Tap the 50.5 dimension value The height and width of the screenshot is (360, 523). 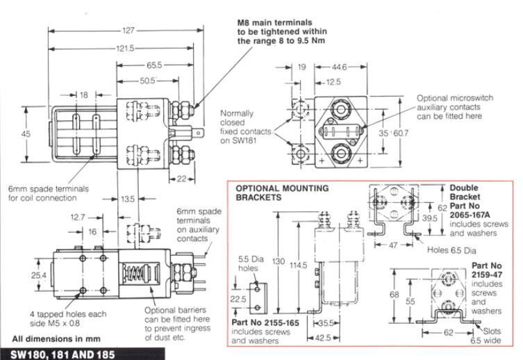[x=145, y=80]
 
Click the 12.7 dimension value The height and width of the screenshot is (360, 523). [x=58, y=217]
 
